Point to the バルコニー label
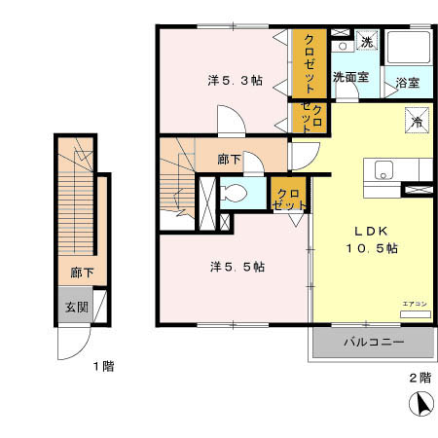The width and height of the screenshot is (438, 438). pyautogui.click(x=372, y=343)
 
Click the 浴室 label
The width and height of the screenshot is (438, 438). pyautogui.click(x=407, y=83)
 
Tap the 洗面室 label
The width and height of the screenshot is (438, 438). pyautogui.click(x=351, y=76)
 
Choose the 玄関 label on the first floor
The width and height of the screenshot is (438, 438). pyautogui.click(x=76, y=308)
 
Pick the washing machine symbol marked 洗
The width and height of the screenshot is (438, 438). pyautogui.click(x=367, y=41)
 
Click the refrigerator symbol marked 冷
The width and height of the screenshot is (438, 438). pyautogui.click(x=416, y=123)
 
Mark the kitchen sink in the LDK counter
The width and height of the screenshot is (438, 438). pyautogui.click(x=383, y=169)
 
